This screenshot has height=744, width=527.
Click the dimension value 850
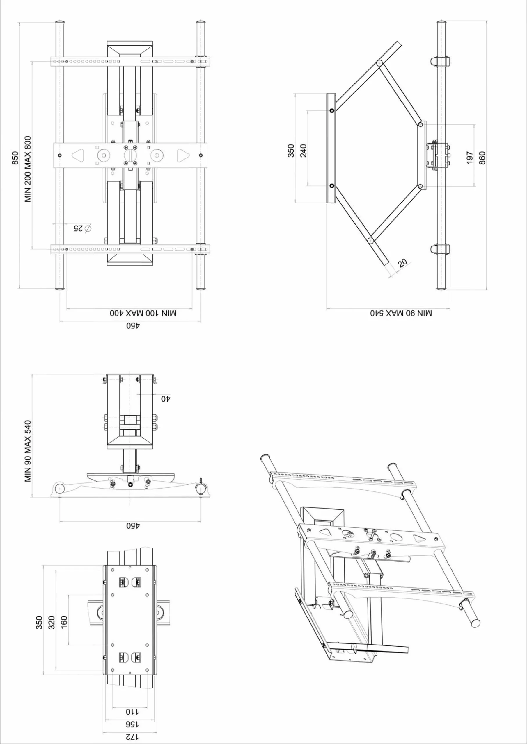pyautogui.click(x=15, y=158)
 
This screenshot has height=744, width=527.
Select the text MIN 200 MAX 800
pyautogui.click(x=28, y=169)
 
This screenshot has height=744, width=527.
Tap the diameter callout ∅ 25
pyautogui.click(x=82, y=228)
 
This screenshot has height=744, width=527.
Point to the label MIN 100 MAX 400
pyautogui.click(x=143, y=313)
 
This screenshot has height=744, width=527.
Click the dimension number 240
pyautogui.click(x=304, y=151)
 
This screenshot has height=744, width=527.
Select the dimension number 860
pyautogui.click(x=482, y=158)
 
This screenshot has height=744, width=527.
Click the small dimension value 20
pyautogui.click(x=402, y=263)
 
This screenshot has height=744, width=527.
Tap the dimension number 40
pyautogui.click(x=166, y=398)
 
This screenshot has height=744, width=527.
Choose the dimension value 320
pyautogui.click(x=52, y=623)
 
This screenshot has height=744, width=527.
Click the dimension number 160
pyautogui.click(x=64, y=623)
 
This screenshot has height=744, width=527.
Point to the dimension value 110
pyautogui.click(x=132, y=712)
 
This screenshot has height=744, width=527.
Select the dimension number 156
pyautogui.click(x=132, y=724)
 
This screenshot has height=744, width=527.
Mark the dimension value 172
pyautogui.click(x=132, y=737)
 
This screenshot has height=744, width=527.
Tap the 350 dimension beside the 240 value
pyautogui.click(x=291, y=151)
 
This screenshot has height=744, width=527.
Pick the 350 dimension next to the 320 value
pyautogui.click(x=39, y=623)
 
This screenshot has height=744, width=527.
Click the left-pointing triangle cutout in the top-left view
pyautogui.click(x=78, y=155)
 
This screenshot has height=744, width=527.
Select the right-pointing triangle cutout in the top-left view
pyautogui.click(x=183, y=155)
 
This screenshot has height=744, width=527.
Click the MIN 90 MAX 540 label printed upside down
pyautogui.click(x=401, y=313)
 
